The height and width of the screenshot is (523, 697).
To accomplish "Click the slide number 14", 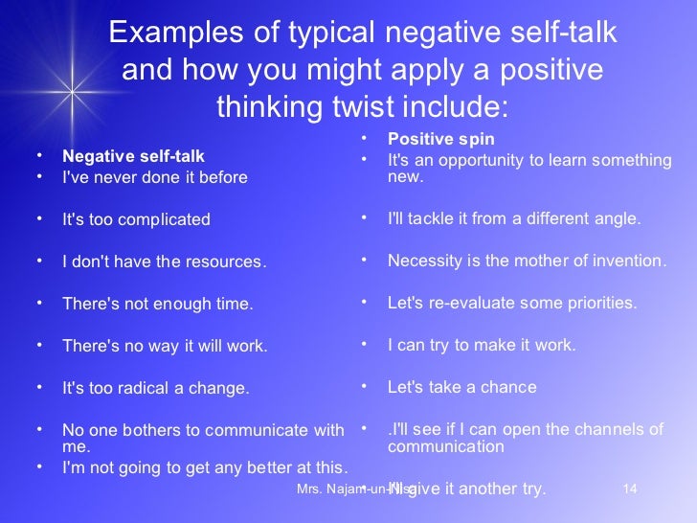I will tap(629, 489).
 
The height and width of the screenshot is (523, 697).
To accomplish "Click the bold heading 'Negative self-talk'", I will tap(133, 156).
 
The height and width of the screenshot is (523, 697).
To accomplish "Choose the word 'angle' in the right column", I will tap(616, 218).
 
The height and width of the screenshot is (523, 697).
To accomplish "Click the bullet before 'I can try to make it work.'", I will tap(365, 344).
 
